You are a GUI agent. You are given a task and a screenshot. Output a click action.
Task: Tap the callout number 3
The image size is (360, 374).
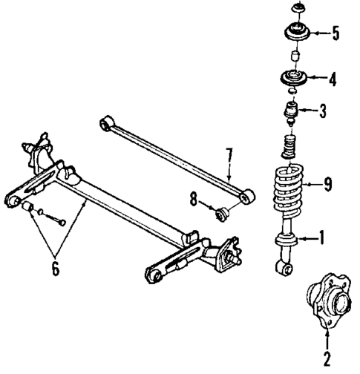click(322, 113)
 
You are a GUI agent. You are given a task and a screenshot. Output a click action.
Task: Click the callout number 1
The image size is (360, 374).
click(322, 238)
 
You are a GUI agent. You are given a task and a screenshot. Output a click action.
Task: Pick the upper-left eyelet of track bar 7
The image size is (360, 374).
click(108, 121)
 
